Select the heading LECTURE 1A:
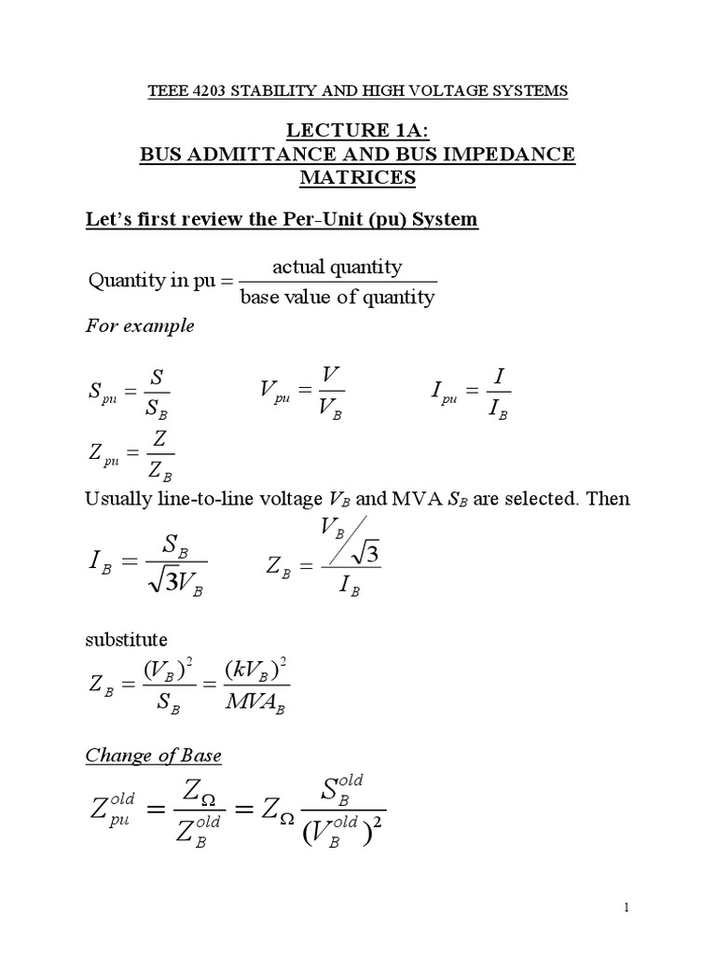click(357, 131)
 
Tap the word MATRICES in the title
click(357, 176)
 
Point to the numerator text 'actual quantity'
click(337, 268)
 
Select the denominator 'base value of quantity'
click(337, 298)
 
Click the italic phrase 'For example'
click(141, 326)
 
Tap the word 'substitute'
click(127, 640)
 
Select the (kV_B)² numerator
click(252, 670)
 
